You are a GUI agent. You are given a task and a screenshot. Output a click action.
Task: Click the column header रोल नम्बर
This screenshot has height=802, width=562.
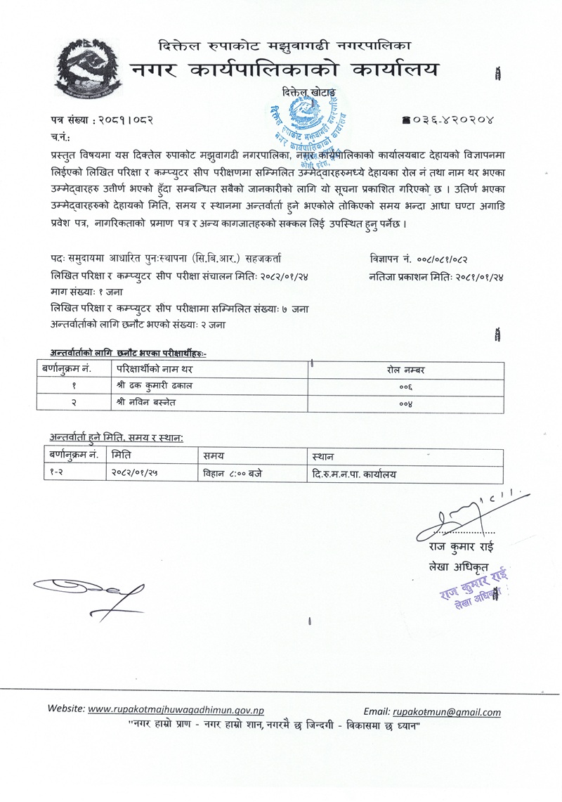pyautogui.click(x=405, y=369)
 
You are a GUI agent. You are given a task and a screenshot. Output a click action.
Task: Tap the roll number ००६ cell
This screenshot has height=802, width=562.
pyautogui.click(x=405, y=386)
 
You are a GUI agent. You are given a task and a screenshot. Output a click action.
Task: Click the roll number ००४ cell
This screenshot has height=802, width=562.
pyautogui.click(x=405, y=402)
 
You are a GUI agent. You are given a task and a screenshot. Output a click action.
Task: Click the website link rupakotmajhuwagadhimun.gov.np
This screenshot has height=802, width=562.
pyautogui.click(x=178, y=710)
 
